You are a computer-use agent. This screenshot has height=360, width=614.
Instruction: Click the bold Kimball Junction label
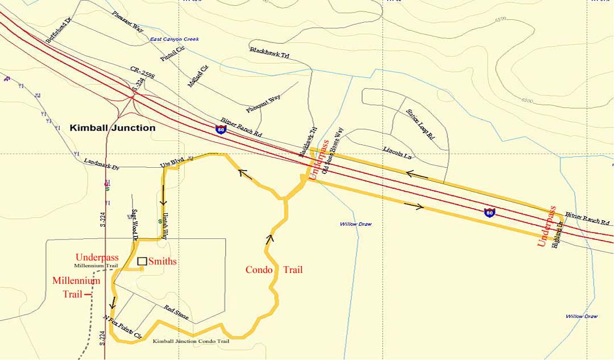pyautogui.click(x=112, y=128)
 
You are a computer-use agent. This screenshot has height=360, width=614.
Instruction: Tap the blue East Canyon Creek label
pyautogui.click(x=175, y=39)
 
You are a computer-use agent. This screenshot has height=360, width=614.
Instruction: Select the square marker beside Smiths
pyautogui.click(x=142, y=261)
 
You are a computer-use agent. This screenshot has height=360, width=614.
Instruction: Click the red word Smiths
pyautogui.click(x=163, y=262)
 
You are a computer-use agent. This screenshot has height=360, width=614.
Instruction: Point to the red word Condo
pyautogui.click(x=259, y=270)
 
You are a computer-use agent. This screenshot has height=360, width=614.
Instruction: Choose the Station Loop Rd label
pyautogui.click(x=420, y=125)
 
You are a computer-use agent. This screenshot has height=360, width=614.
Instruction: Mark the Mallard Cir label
pyautogui.click(x=198, y=76)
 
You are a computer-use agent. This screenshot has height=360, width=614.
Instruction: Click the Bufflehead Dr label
pyautogui.click(x=59, y=30)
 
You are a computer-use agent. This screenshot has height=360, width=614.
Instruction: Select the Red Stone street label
pyautogui.click(x=176, y=312)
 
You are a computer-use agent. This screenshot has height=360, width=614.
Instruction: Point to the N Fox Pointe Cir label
pyautogui.click(x=122, y=327)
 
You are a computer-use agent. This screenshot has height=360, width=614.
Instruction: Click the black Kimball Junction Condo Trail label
pyautogui.click(x=191, y=341)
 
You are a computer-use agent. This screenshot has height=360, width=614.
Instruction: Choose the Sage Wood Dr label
pyautogui.click(x=135, y=225)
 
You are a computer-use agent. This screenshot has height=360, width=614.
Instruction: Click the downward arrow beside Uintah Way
pyautogui.click(x=164, y=200)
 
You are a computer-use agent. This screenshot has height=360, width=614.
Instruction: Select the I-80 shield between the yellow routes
pyautogui.click(x=489, y=213)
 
